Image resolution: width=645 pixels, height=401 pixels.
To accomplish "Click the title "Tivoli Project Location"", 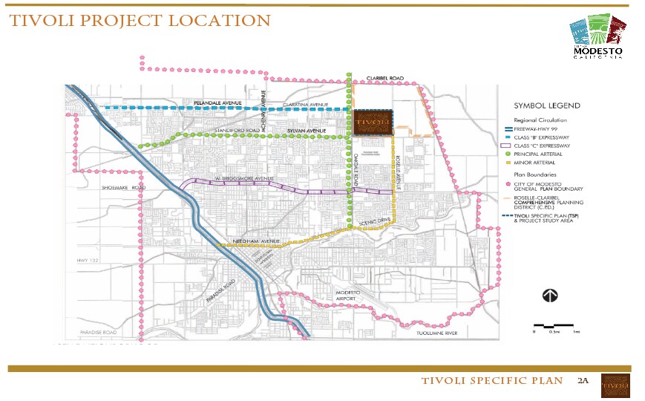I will pyautogui.click(x=140, y=21).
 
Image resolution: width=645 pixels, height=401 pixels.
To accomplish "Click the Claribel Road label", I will pyautogui.click(x=384, y=78).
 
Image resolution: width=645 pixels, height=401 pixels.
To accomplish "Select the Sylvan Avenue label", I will pyautogui.click(x=307, y=131).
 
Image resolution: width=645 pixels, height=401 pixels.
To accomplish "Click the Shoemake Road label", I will pyautogui.click(x=123, y=188).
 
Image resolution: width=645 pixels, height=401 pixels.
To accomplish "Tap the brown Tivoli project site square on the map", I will pyautogui.click(x=372, y=123).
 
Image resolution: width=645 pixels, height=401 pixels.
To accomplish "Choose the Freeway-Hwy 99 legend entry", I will pyautogui.click(x=539, y=128).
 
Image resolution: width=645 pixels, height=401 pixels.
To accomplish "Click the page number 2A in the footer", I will pyautogui.click(x=582, y=381).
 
